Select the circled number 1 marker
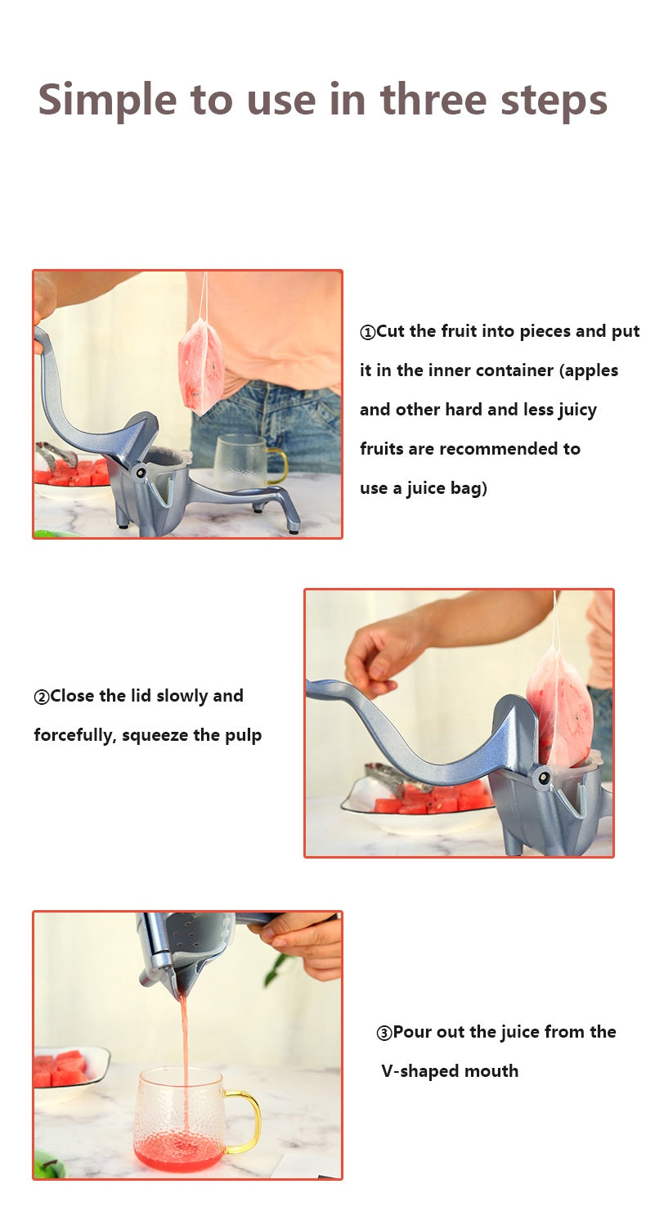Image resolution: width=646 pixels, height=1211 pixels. click(368, 333)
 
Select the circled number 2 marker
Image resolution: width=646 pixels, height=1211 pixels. click(41, 697)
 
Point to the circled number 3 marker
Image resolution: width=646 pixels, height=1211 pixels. click(384, 1033)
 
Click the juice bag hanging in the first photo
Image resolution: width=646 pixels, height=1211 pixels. click(201, 366)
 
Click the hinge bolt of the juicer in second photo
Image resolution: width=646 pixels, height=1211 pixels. click(543, 778)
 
